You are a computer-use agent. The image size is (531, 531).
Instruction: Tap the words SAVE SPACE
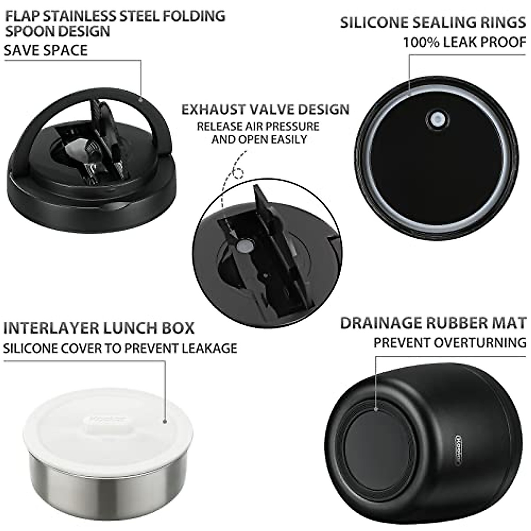[x=46, y=50]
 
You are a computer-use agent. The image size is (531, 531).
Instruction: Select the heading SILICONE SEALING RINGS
[x=433, y=23]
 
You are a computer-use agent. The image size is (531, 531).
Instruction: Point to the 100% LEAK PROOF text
[x=464, y=42]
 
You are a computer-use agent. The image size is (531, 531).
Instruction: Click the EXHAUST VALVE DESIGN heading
[x=265, y=109]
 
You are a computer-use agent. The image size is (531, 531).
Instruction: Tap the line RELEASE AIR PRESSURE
[x=258, y=127]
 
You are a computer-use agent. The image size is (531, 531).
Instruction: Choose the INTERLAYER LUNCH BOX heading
[x=99, y=328]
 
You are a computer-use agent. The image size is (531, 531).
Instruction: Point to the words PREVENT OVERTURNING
[x=450, y=342]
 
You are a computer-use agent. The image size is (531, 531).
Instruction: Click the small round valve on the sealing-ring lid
[x=437, y=119]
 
